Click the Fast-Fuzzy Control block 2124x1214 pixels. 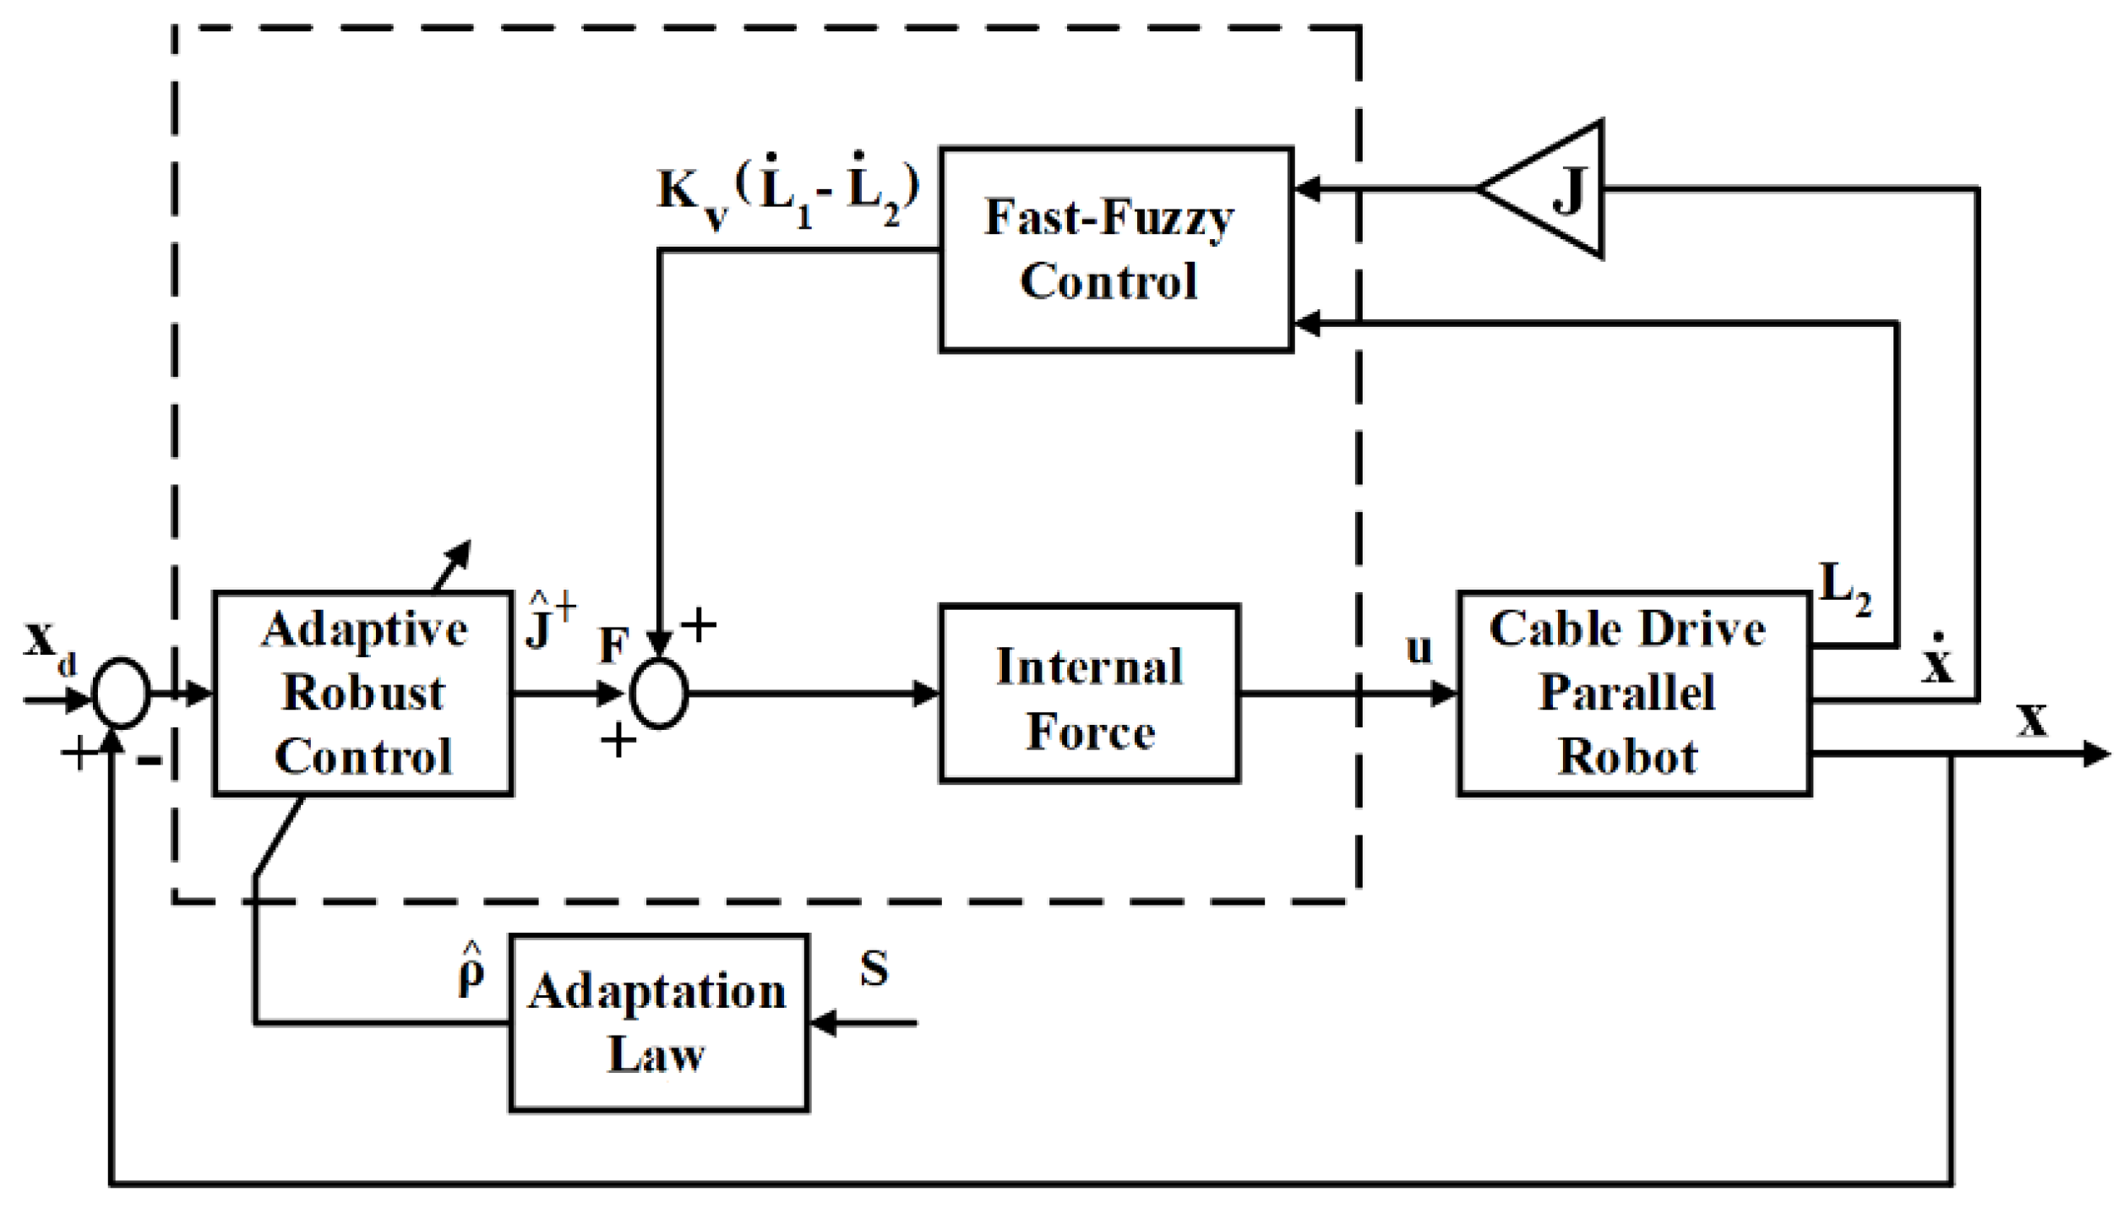1115,249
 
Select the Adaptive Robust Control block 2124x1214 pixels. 362,693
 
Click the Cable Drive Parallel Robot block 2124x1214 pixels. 1633,693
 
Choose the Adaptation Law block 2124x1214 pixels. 658,1023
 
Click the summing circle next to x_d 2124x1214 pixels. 121,694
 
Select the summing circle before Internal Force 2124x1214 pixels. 659,694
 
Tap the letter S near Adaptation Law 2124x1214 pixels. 874,969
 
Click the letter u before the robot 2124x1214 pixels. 1419,649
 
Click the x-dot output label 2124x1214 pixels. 1937,661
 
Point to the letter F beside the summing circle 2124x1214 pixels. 613,647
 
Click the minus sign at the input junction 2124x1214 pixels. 150,761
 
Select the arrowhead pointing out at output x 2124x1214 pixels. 2097,754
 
